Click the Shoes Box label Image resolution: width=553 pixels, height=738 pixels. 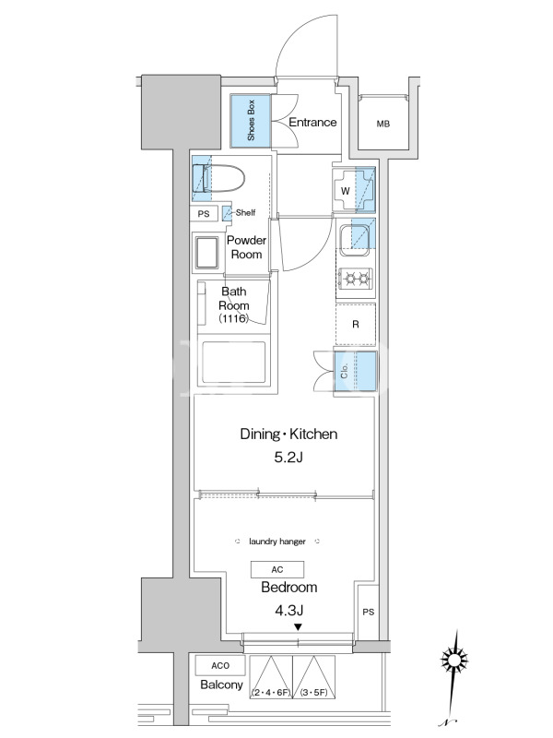pyautogui.click(x=251, y=121)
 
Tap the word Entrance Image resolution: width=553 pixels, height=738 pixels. pyautogui.click(x=312, y=123)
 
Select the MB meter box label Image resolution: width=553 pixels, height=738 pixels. pyautogui.click(x=383, y=124)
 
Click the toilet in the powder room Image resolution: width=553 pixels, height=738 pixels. pyautogui.click(x=218, y=178)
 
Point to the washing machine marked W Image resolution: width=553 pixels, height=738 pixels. pyautogui.click(x=354, y=190)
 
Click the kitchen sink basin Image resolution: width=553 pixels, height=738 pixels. pyautogui.click(x=355, y=240)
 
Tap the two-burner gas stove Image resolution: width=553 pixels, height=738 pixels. pyautogui.click(x=356, y=279)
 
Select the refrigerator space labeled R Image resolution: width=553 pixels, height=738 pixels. pyautogui.click(x=356, y=325)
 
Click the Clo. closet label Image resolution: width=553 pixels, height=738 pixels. pyautogui.click(x=344, y=372)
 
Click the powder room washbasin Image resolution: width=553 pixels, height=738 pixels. pyautogui.click(x=206, y=253)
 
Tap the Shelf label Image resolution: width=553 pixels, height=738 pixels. pyautogui.click(x=245, y=213)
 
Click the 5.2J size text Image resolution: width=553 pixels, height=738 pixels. pyautogui.click(x=288, y=457)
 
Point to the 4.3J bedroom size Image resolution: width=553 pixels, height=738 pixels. pyautogui.click(x=288, y=611)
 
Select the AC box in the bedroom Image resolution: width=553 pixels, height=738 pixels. pyautogui.click(x=277, y=569)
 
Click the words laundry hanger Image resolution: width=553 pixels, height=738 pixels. pyautogui.click(x=277, y=542)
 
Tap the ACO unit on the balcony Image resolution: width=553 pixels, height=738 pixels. pyautogui.click(x=220, y=665)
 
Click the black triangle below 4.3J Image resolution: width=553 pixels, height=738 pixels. pyautogui.click(x=298, y=627)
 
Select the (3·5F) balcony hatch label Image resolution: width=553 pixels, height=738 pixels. pyautogui.click(x=314, y=693)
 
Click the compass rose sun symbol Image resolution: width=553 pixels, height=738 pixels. pyautogui.click(x=453, y=660)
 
